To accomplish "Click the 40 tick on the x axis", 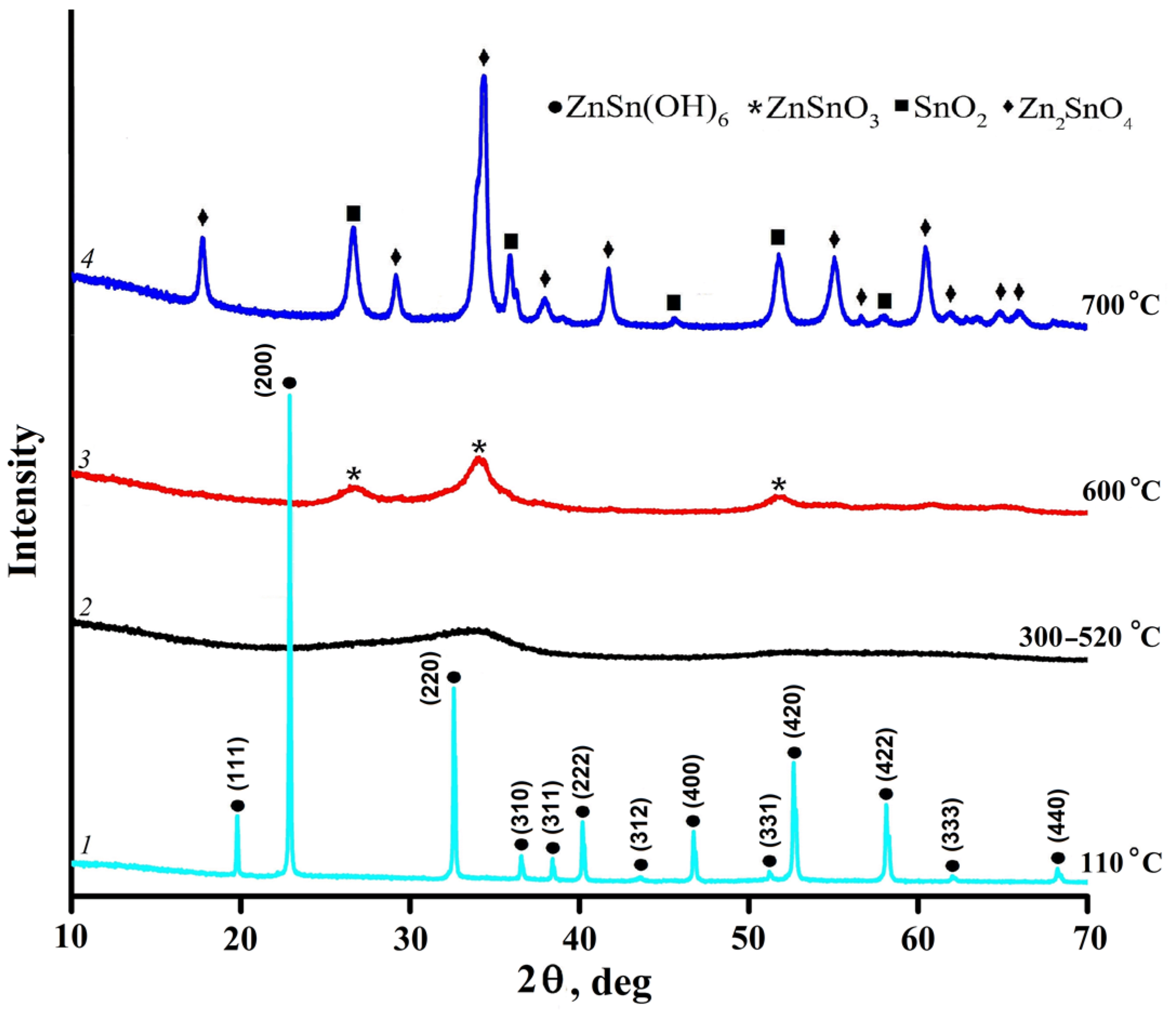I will click(x=579, y=935).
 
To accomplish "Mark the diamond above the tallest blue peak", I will click(x=483, y=58).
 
